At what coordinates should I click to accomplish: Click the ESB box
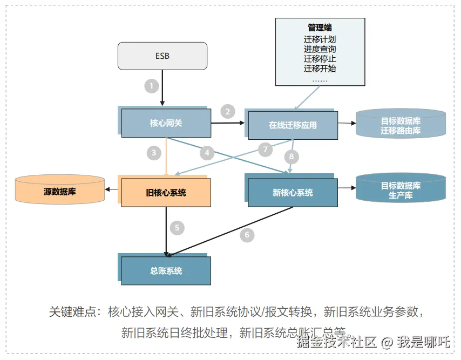162,56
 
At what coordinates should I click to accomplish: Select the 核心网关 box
166,123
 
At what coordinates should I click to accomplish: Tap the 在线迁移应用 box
293,125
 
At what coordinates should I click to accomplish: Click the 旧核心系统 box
166,192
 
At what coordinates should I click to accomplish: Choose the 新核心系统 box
293,193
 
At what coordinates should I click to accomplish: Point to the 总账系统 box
166,271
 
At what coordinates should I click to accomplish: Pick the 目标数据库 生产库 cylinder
401,190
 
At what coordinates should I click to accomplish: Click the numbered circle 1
152,85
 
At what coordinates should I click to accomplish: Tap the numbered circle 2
228,112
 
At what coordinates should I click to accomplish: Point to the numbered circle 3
154,153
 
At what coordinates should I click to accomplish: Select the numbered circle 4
207,153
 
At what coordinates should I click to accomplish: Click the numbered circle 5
177,227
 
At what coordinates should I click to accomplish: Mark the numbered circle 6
247,235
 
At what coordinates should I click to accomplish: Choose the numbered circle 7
265,149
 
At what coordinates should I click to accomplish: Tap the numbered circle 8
291,157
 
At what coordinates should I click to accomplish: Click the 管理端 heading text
320,28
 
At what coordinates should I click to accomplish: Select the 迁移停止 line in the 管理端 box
320,59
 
